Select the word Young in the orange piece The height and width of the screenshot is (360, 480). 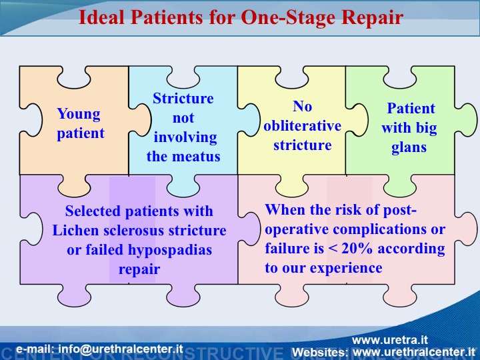79,114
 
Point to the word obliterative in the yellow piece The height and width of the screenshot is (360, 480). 302,126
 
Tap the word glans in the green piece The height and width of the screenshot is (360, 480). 409,147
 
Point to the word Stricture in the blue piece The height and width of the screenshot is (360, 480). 183,99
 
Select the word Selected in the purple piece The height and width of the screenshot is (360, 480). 92,211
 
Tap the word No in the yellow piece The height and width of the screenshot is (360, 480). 302,107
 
